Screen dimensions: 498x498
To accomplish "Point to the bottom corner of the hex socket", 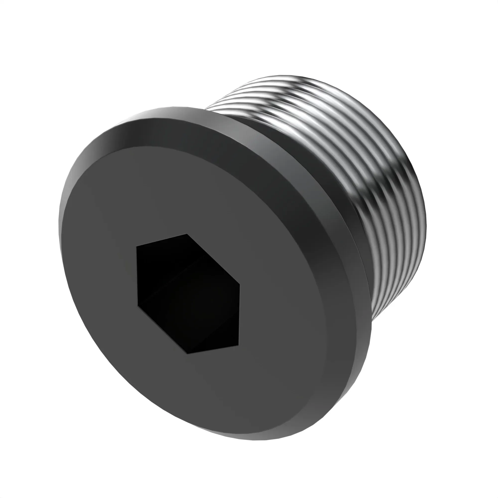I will [187, 353].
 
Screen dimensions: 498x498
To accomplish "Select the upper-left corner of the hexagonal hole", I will [137, 246].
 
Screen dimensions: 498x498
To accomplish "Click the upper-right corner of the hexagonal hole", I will [240, 285].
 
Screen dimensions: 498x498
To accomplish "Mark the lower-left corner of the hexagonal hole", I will [138, 306].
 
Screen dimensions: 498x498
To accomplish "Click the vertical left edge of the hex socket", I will [137, 276].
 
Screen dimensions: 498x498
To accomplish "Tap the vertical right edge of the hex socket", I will [239, 314].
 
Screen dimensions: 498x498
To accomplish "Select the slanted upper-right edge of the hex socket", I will [213, 259].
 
